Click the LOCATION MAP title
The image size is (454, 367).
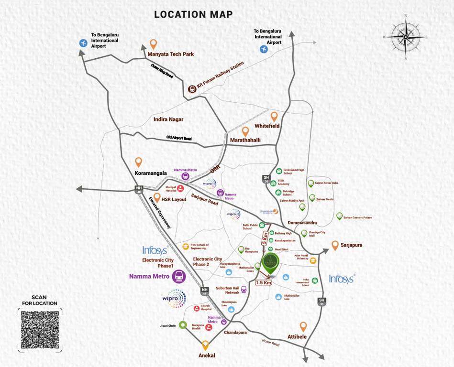click(x=193, y=14)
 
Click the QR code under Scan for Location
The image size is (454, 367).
click(x=40, y=330)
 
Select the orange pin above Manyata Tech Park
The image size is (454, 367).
click(x=153, y=44)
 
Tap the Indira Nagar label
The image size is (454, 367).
click(x=168, y=119)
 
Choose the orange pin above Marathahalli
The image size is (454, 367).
click(x=245, y=131)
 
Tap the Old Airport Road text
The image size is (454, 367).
click(x=178, y=138)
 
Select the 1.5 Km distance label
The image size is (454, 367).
click(x=264, y=282)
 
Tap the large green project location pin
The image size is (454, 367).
click(x=269, y=265)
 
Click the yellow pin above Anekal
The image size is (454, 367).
click(x=206, y=345)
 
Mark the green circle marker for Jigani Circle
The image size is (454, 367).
click(x=182, y=325)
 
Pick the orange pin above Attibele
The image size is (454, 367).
click(x=303, y=327)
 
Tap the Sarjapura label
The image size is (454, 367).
click(x=352, y=245)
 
